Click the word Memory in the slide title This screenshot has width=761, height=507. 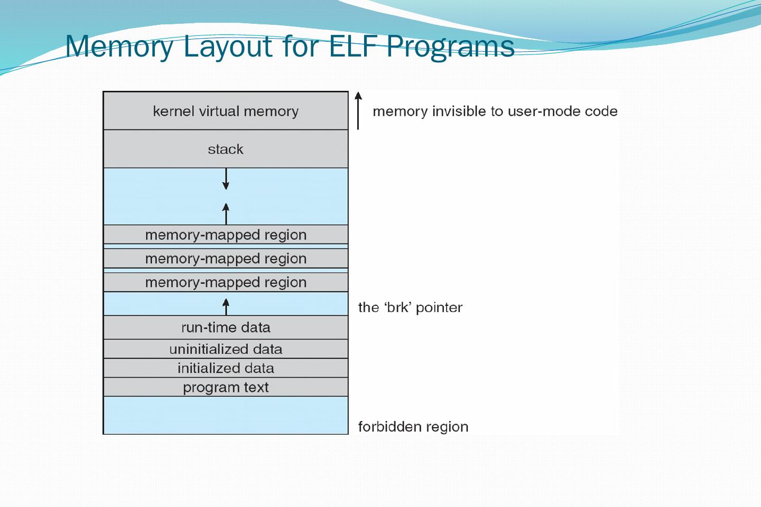[x=119, y=46]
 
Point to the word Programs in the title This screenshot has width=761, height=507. [x=450, y=46]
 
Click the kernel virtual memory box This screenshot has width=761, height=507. [x=226, y=111]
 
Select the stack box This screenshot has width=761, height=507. [x=226, y=149]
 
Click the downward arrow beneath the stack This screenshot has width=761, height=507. [x=226, y=179]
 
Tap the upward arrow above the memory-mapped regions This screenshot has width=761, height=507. [x=226, y=213]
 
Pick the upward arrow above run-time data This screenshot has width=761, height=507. [x=226, y=306]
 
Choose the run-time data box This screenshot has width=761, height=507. [x=226, y=327]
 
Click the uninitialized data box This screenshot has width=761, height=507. [x=226, y=349]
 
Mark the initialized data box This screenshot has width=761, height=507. [x=226, y=368]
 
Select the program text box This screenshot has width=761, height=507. [x=226, y=387]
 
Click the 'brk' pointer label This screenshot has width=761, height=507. [x=410, y=307]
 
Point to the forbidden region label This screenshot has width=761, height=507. [x=413, y=427]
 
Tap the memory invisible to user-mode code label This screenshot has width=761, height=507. [x=495, y=111]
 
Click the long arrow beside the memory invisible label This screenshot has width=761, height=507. [x=358, y=111]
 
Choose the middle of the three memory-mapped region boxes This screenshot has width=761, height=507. [x=226, y=258]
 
